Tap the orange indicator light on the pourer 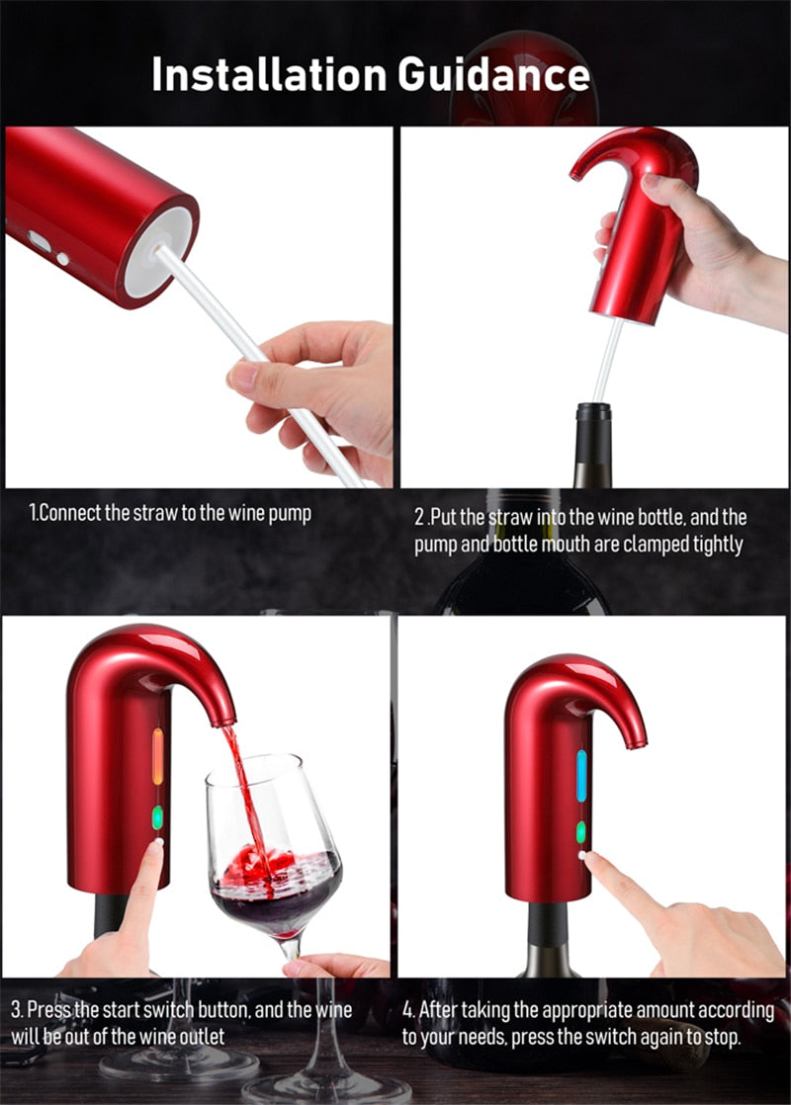click(157, 755)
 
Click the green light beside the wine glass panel click(157, 817)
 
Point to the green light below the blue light click(581, 831)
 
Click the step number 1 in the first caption click(33, 515)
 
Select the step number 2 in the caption click(419, 517)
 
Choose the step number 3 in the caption click(16, 1010)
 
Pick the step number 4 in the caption click(407, 1010)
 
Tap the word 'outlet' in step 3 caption click(198, 1037)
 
